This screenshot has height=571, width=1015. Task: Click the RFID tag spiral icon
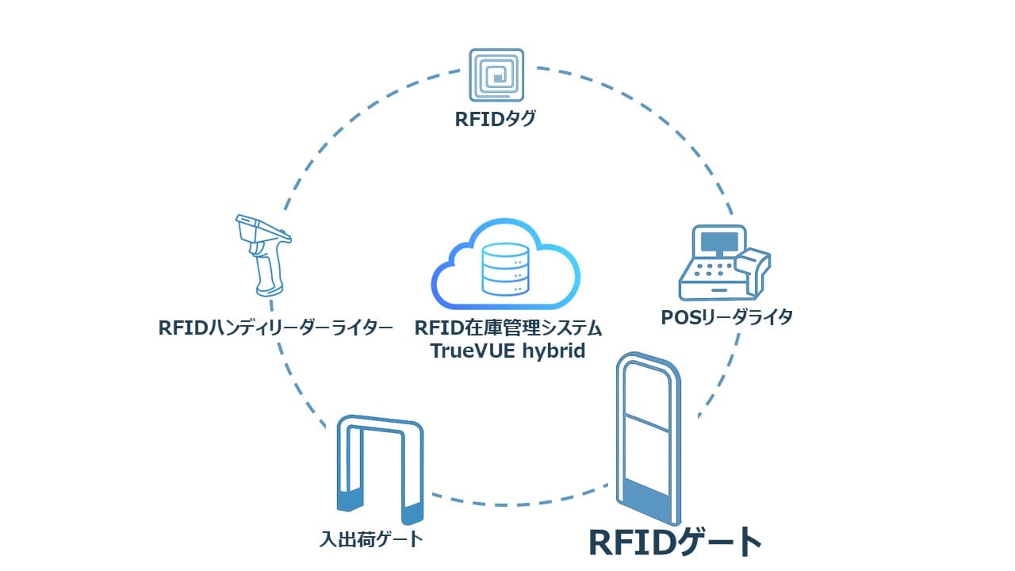pos(496,76)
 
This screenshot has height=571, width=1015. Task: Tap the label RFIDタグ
pos(496,121)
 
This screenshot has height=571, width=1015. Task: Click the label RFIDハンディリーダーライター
pos(276,327)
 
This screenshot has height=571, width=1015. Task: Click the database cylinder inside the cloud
pos(505,270)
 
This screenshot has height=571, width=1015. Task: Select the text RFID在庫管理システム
pos(508,328)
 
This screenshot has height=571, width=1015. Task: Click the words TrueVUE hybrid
pos(508,351)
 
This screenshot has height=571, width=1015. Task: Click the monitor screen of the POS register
pos(718,240)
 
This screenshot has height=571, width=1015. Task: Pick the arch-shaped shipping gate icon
pos(380,469)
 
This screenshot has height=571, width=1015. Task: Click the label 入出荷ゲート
pos(371,540)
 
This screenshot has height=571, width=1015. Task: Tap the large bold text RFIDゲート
pos(675,542)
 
